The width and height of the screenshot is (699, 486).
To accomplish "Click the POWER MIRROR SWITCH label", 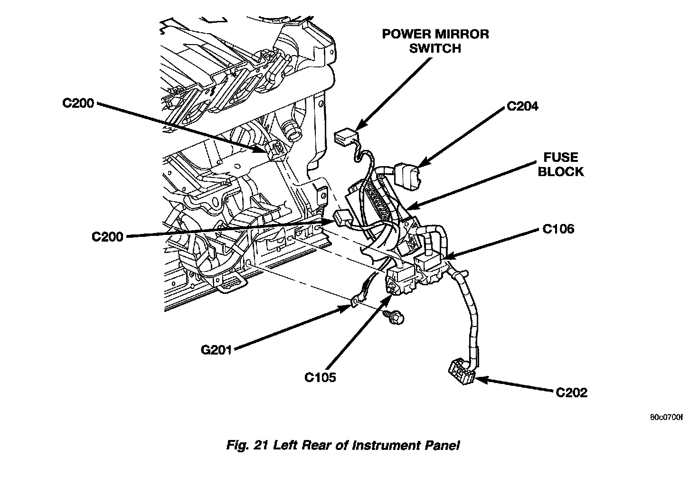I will coord(435,41).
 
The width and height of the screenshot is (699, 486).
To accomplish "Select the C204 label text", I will coord(522,106).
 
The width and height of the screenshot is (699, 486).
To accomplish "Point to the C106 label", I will coord(558,229).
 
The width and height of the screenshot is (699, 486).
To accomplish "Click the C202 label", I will coord(571,393).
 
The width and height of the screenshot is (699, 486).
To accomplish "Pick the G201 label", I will coord(216,351).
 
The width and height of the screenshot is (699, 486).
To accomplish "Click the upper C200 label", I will coord(79,103).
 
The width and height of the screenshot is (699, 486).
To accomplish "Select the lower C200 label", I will coord(108,236).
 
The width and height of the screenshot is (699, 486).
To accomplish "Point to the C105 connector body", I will coord(400,281).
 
